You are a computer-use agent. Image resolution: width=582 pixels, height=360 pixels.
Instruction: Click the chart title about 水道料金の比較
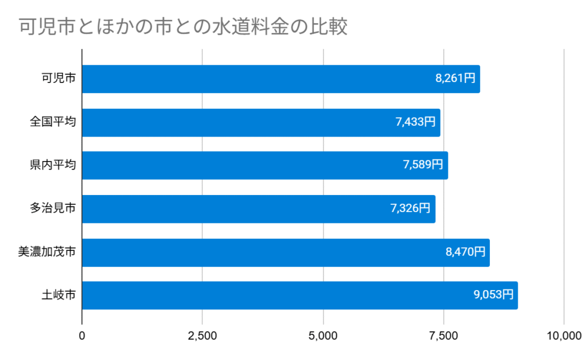182,27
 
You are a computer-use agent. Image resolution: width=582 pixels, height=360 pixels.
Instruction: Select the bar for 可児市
256,79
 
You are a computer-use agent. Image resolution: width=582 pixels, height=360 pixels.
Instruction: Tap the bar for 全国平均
239,122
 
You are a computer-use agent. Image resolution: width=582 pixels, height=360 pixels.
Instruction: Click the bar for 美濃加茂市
256,252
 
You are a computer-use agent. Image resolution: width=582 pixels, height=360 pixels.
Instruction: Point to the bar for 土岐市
273,295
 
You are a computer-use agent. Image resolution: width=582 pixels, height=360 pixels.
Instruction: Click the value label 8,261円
455,79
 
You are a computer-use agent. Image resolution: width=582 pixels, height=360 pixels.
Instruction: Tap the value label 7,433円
415,122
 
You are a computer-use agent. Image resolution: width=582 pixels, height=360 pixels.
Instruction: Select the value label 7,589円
423,165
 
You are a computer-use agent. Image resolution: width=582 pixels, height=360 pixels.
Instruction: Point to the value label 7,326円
410,209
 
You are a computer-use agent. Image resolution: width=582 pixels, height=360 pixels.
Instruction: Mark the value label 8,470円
465,252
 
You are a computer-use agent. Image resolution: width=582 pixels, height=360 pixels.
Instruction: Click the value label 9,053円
493,295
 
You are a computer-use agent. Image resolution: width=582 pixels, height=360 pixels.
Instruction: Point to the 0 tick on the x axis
82,336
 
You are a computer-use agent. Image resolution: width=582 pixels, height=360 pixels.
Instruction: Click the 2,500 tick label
203,336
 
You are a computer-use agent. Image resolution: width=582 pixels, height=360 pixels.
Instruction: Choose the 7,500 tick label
443,336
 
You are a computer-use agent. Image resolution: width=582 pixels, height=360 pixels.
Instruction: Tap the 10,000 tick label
563,336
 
